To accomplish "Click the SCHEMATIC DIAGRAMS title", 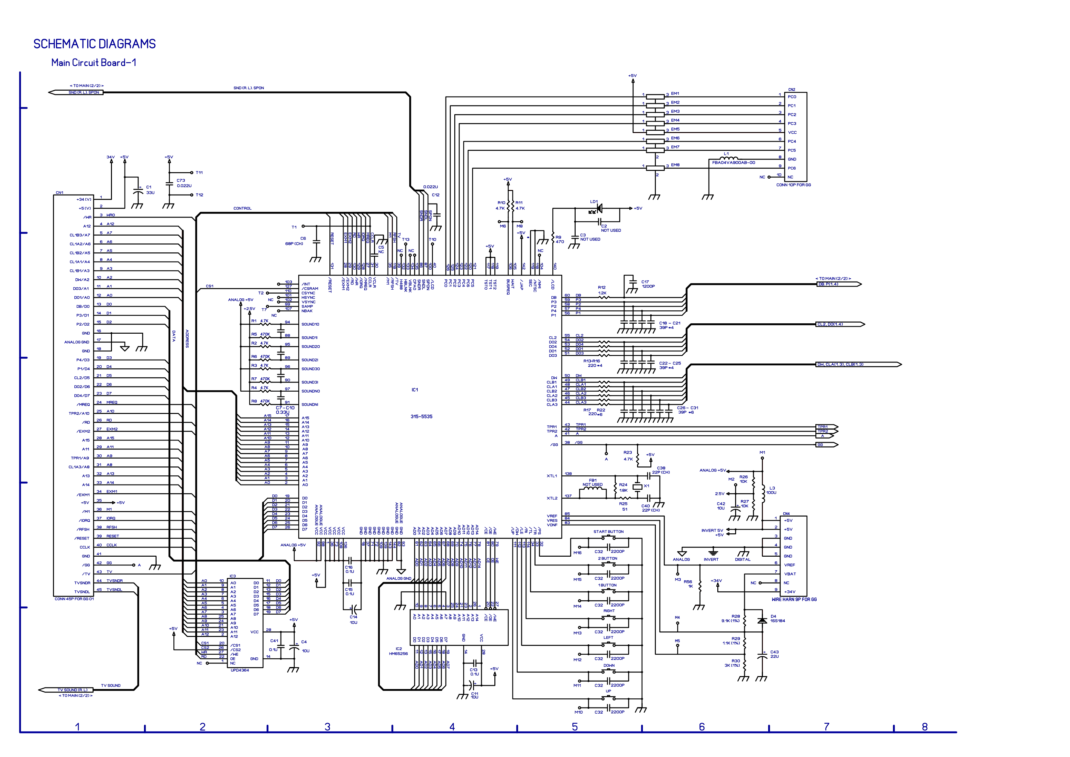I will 94,44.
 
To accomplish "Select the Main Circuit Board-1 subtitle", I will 94,63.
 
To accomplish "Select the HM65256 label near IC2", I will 398,653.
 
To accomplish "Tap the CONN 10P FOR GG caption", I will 793,185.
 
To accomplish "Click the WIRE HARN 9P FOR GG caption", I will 794,599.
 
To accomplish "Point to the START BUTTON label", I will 608,531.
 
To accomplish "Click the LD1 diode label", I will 594,202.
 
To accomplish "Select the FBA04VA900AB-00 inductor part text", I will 734,163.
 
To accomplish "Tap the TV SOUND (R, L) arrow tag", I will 72,690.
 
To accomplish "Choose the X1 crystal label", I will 646,486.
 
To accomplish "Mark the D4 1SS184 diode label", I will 777,618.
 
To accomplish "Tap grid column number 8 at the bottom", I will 925,727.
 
